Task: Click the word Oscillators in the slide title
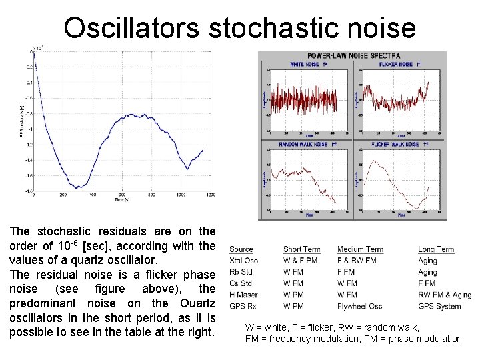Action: pos(131,28)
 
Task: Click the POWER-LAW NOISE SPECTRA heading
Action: pos(353,55)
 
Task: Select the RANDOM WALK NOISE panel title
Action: pos(303,144)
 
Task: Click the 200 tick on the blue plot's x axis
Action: pos(63,195)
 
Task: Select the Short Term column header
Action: pos(301,249)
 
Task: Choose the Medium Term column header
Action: pos(360,249)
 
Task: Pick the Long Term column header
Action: pos(436,249)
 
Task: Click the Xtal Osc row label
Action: pos(243,261)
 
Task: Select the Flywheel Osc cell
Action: pos(359,306)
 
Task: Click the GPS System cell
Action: pos(439,306)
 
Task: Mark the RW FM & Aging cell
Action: pos(444,295)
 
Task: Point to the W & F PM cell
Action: pos(300,261)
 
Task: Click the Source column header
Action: pos(241,249)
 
